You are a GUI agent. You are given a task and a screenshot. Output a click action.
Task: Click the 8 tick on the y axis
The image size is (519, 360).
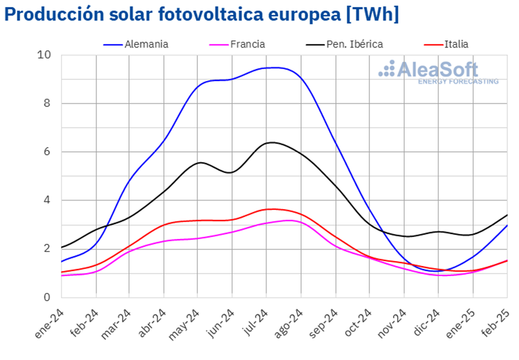[x=47, y=104]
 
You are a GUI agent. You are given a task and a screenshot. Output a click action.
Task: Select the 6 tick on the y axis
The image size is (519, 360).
[x=47, y=152]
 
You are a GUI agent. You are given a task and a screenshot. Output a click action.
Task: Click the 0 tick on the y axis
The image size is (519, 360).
[x=47, y=297]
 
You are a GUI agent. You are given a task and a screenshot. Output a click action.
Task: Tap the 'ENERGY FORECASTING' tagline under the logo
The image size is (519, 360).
[x=458, y=81]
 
